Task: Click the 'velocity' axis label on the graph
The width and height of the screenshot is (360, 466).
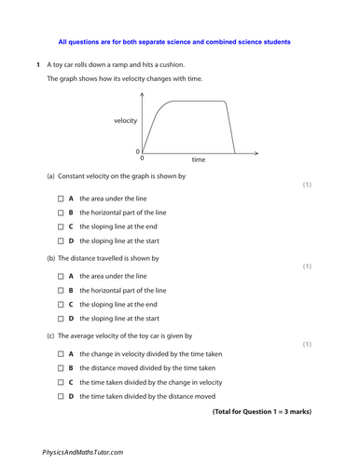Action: pyautogui.click(x=125, y=122)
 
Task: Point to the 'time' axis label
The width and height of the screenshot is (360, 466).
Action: pyautogui.click(x=198, y=160)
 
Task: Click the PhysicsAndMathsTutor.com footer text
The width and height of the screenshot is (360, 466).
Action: pyautogui.click(x=82, y=451)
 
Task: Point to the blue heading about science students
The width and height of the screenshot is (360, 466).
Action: pyautogui.click(x=174, y=42)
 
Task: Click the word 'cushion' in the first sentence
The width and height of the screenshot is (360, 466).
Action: pyautogui.click(x=173, y=64)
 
